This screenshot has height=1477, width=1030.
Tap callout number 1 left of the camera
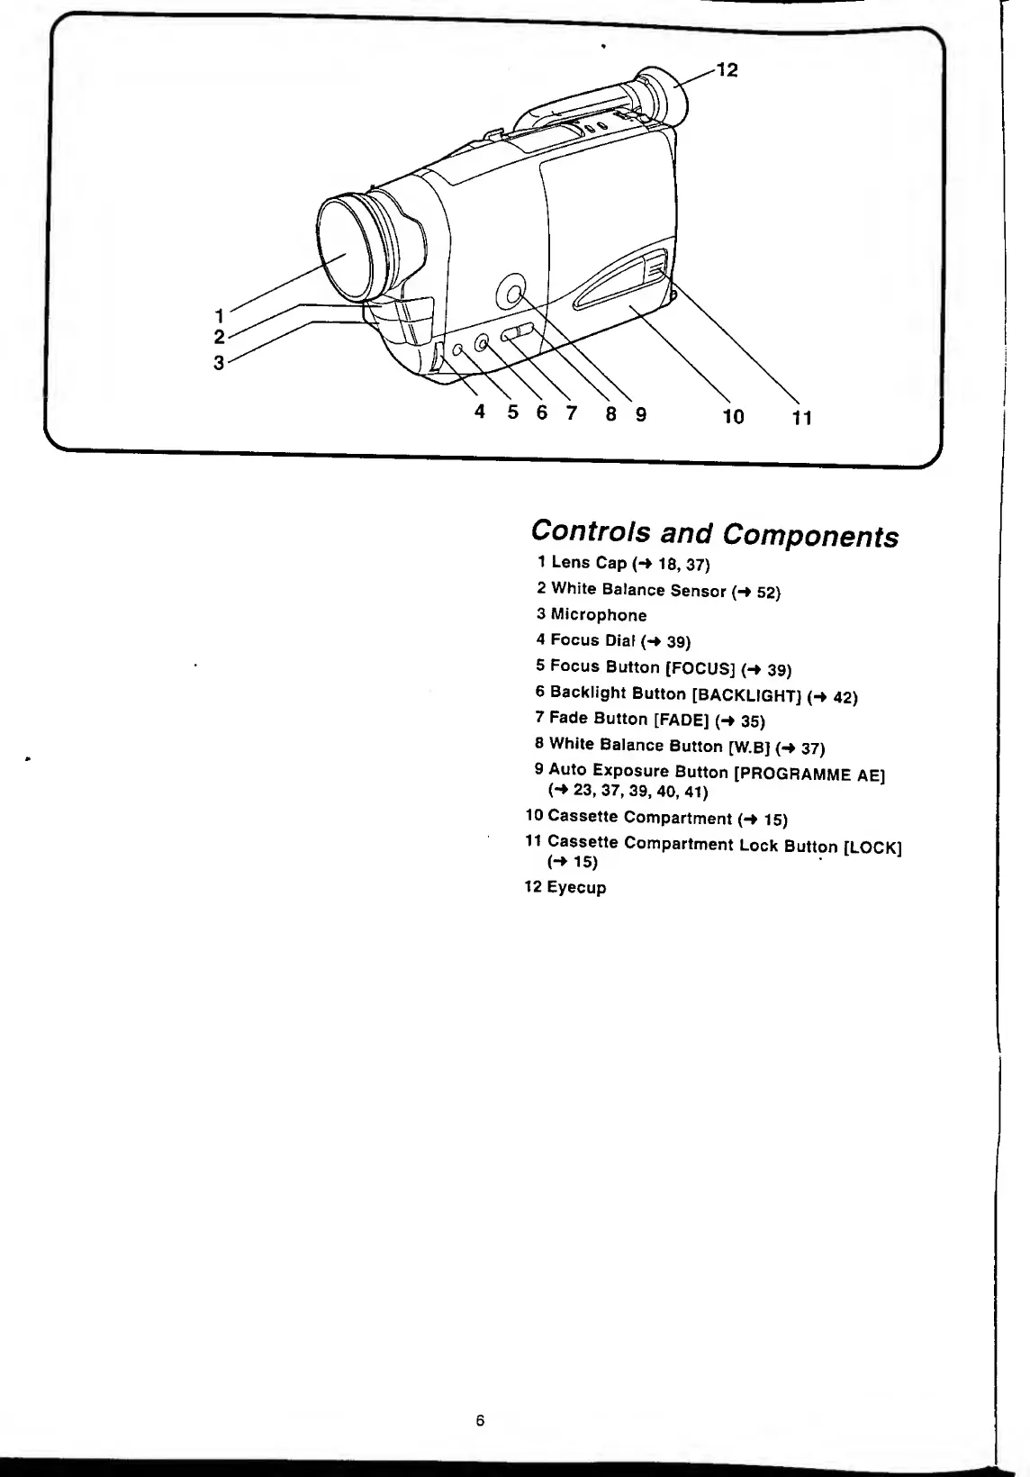[219, 315]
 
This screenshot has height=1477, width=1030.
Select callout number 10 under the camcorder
[733, 416]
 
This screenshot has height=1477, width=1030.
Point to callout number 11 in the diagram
[801, 417]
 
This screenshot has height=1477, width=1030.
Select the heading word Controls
[591, 531]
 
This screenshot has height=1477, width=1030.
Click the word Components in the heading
[810, 536]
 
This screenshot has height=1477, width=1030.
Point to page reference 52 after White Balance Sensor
[767, 593]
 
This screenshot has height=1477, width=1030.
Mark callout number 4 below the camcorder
[480, 412]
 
